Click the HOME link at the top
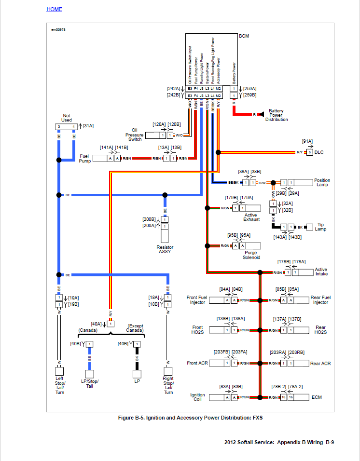pyautogui.click(x=54, y=9)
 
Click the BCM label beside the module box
pyautogui.click(x=244, y=36)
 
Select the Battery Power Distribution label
pyautogui.click(x=276, y=115)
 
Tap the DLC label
pyautogui.click(x=319, y=152)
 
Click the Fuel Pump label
pyautogui.click(x=85, y=158)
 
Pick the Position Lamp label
pyautogui.click(x=322, y=183)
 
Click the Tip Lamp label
pyautogui.click(x=320, y=227)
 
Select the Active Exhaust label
pyautogui.click(x=251, y=217)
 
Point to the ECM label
pyautogui.click(x=317, y=397)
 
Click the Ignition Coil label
pyautogui.click(x=197, y=397)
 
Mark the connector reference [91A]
pyautogui.click(x=307, y=141)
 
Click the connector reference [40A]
pyautogui.click(x=97, y=324)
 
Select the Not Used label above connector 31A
pyautogui.click(x=67, y=118)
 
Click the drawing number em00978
pyautogui.click(x=58, y=29)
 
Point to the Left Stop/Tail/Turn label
pyautogui.click(x=59, y=385)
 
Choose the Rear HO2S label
pyautogui.click(x=321, y=330)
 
